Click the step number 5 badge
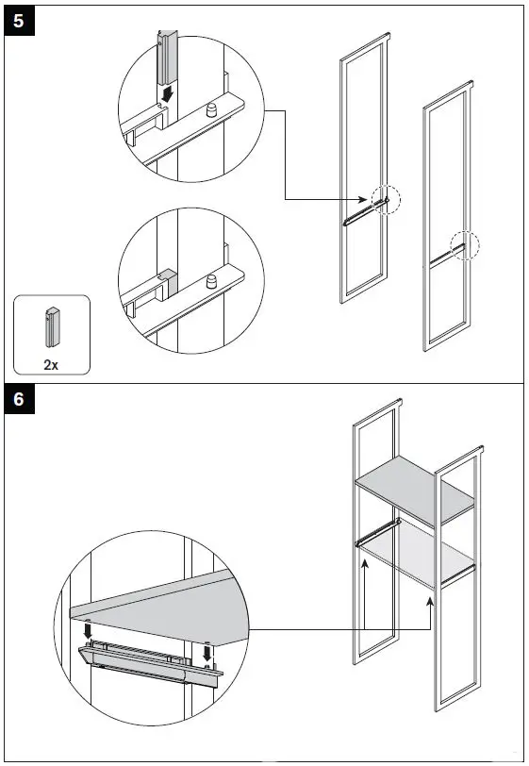pyautogui.click(x=20, y=21)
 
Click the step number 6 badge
pyautogui.click(x=20, y=399)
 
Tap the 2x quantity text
pyautogui.click(x=51, y=364)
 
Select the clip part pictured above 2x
pyautogui.click(x=51, y=326)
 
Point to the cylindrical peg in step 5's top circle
pyautogui.click(x=211, y=110)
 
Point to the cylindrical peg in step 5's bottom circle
pyautogui.click(x=211, y=281)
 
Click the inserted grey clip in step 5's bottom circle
pyautogui.click(x=169, y=281)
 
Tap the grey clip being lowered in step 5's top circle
pyautogui.click(x=167, y=58)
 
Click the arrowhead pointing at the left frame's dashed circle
pyautogui.click(x=363, y=199)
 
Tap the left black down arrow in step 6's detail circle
pyautogui.click(x=88, y=630)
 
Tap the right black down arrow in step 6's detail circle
pyautogui.click(x=207, y=652)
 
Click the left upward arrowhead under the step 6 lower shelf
pyautogui.click(x=364, y=564)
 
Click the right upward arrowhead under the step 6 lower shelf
pyautogui.click(x=430, y=601)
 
